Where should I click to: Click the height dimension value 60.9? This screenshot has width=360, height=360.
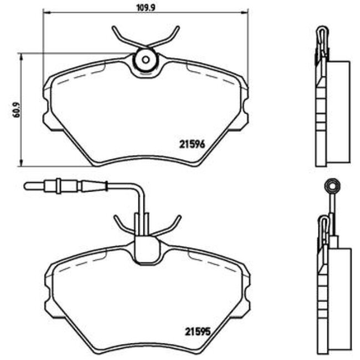point(16,110)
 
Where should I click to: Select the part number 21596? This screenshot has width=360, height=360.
point(192,144)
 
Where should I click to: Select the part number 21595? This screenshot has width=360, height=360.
point(197,332)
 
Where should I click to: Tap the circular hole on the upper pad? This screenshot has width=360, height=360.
point(146,59)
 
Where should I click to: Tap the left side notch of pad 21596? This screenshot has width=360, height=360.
point(46,118)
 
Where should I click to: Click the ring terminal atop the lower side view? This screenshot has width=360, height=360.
point(332,184)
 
